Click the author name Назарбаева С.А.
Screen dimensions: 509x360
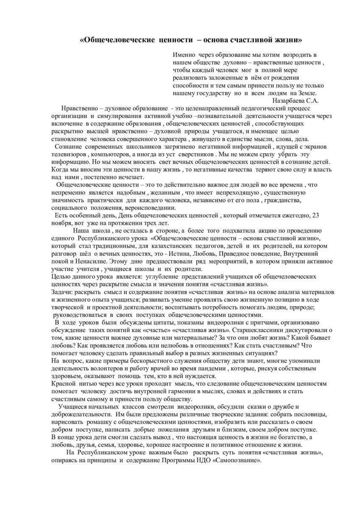point(295,101)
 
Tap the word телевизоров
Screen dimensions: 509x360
point(69,155)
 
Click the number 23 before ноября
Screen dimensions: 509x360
point(315,215)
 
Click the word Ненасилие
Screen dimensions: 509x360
point(88,261)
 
